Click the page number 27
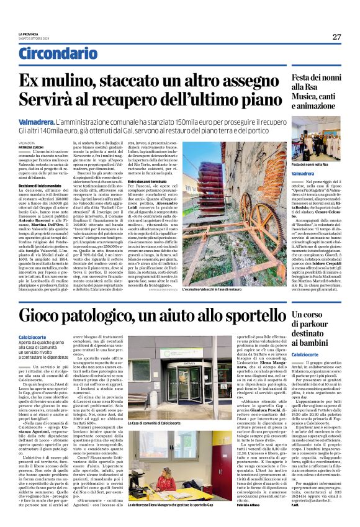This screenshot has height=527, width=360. (336, 37)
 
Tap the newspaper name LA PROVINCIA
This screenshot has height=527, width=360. (29, 34)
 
